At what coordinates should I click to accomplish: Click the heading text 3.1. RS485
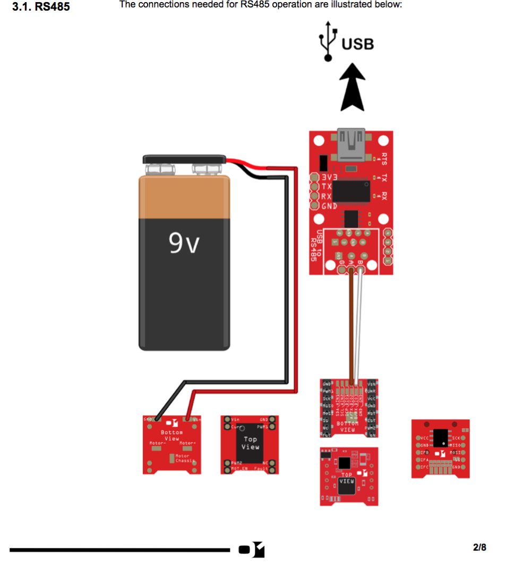(41, 7)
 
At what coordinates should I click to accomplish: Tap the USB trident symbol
(328, 40)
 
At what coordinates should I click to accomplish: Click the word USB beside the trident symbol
(357, 43)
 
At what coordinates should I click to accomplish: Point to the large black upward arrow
(351, 87)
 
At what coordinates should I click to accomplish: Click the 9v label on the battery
(184, 243)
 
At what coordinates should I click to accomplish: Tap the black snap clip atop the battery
(184, 159)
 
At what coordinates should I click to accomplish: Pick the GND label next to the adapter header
(329, 206)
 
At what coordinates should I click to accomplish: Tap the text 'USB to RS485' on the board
(316, 246)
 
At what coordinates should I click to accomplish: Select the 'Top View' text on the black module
(250, 443)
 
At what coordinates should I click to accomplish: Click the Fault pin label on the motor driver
(261, 468)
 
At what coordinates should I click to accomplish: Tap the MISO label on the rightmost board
(456, 445)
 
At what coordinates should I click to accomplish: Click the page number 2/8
(479, 547)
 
